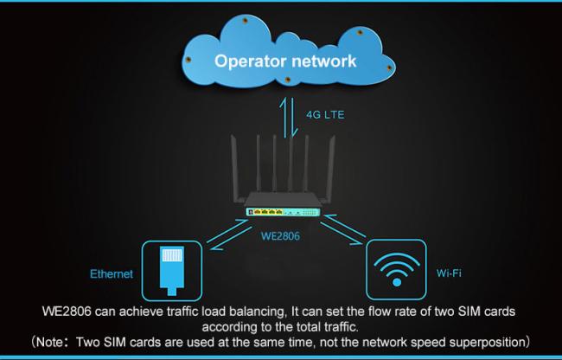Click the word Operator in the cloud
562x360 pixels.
pyautogui.click(x=251, y=61)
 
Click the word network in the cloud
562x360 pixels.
pyautogui.click(x=324, y=61)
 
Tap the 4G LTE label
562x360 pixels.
pyautogui.click(x=325, y=115)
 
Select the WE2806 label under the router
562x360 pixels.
pyautogui.click(x=280, y=236)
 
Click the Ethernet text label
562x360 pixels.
pyautogui.click(x=112, y=274)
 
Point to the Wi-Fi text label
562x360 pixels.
pyautogui.click(x=449, y=273)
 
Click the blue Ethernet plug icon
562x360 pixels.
pyautogui.click(x=172, y=271)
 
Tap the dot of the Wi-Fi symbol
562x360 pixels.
pyautogui.click(x=397, y=282)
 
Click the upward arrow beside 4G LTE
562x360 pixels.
pyautogui.click(x=284, y=118)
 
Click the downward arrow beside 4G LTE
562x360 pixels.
pyautogui.click(x=293, y=118)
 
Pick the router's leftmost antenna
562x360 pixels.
pyautogui.click(x=235, y=169)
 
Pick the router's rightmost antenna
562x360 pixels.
pyautogui.click(x=329, y=169)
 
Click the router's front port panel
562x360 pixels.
pyautogui.click(x=283, y=212)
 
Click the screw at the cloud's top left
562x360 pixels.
pyautogui.click(x=246, y=21)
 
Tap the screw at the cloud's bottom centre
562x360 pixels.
pyautogui.click(x=287, y=80)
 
